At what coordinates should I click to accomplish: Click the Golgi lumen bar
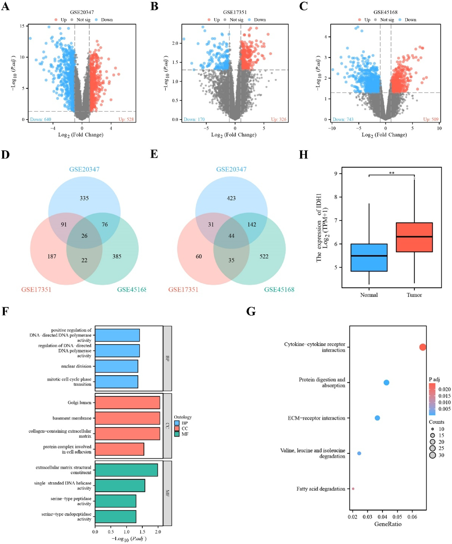pos(127,403)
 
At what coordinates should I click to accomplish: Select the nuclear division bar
pos(116,366)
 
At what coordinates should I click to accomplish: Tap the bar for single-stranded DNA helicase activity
pos(120,485)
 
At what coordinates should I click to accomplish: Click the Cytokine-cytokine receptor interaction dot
pos(423,347)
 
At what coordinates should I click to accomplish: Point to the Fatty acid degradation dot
pos(353,489)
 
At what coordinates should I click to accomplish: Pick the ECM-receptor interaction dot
pos(377,418)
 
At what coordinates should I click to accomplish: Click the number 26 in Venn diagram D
pos(84,236)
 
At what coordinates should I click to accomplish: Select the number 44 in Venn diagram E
pos(231,236)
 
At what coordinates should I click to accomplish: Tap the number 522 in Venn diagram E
pos(264,256)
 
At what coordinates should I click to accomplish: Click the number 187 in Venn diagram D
pos(52,256)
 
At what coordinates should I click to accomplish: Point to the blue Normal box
pos(369,258)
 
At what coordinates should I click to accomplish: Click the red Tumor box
pos(414,237)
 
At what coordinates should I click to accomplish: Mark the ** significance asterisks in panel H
pos(392,173)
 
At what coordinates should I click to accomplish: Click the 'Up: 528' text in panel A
pos(126,119)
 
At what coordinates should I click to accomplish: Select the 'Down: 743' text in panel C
pos(343,119)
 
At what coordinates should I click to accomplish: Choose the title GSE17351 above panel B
pos(235,12)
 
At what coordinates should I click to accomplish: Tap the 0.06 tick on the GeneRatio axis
pos(412,517)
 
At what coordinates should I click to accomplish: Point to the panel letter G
pos(251,312)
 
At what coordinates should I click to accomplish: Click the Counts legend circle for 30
pos(432,455)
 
